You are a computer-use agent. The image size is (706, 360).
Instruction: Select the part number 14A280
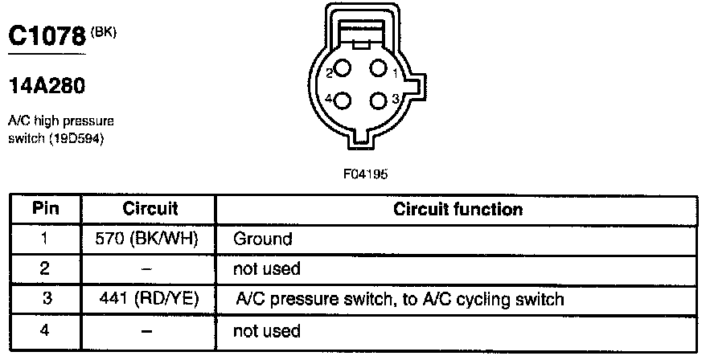click(x=46, y=84)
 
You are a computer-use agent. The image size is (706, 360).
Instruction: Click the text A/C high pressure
click(x=60, y=121)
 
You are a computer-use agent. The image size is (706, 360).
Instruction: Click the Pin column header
click(x=45, y=209)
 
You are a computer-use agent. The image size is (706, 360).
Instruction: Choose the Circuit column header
click(x=150, y=209)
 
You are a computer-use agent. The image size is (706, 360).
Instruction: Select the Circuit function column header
click(x=458, y=209)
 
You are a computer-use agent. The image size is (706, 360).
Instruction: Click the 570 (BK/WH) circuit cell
click(x=150, y=239)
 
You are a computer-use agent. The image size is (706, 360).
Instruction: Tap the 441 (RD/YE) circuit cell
click(x=150, y=300)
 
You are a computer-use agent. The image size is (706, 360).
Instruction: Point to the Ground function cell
click(x=263, y=239)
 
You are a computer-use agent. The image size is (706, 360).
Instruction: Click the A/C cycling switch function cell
click(x=400, y=300)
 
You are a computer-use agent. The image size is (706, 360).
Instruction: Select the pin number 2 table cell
click(x=45, y=269)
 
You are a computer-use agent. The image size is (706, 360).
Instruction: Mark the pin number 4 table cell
click(x=45, y=330)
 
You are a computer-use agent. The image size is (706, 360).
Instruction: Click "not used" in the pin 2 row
click(x=266, y=269)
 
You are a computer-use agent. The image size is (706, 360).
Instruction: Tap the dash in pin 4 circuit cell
click(x=150, y=330)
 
